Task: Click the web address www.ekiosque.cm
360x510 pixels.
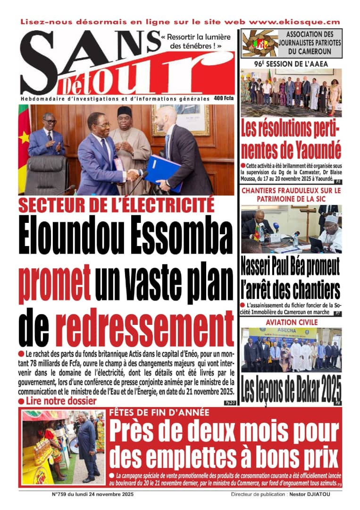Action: click(294, 22)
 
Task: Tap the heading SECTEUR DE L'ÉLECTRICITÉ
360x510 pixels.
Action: click(116, 205)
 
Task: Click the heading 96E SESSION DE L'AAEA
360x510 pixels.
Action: click(291, 63)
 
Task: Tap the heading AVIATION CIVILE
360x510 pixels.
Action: click(292, 322)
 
